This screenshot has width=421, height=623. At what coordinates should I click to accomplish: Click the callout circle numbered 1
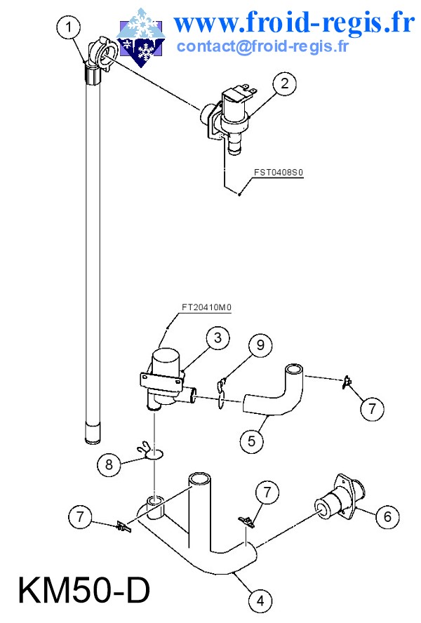69,27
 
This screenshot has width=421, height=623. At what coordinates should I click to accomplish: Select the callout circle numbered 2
285,83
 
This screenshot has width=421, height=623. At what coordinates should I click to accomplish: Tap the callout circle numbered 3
218,338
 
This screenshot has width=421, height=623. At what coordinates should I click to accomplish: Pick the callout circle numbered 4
260,600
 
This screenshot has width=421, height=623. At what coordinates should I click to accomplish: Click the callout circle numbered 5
252,441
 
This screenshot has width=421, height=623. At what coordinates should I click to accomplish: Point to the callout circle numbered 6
387,516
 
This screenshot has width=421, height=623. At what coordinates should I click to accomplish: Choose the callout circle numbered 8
109,464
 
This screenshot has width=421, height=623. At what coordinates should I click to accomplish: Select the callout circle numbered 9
260,344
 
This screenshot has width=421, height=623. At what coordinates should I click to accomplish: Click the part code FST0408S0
279,173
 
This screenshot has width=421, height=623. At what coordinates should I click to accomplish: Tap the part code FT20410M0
206,307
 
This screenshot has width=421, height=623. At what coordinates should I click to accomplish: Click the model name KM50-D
84,591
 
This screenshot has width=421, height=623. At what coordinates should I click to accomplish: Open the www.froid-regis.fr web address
295,23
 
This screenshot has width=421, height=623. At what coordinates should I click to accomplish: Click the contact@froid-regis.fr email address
263,46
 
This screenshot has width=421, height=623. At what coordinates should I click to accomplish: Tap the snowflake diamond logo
140,36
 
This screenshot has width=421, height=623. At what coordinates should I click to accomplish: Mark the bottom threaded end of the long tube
93,433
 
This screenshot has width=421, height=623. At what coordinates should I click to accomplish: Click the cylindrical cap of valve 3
166,361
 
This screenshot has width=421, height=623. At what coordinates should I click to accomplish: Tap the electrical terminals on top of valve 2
249,88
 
